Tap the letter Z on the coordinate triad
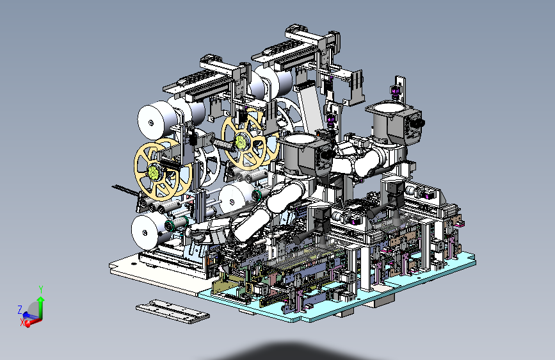20,309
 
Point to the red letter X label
22,323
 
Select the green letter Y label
41,290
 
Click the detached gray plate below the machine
172,311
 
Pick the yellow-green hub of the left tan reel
154,172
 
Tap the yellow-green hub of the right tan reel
241,141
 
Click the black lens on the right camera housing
420,123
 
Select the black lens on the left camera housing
328,154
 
